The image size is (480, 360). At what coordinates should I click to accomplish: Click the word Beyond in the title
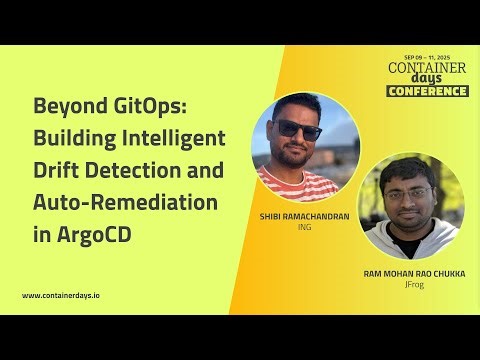tap(68, 106)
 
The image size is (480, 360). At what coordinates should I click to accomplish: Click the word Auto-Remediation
tap(126, 202)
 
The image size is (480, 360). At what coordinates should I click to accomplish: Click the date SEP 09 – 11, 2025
tap(428, 58)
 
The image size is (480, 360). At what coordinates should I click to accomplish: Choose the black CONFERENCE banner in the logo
tap(427, 91)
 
